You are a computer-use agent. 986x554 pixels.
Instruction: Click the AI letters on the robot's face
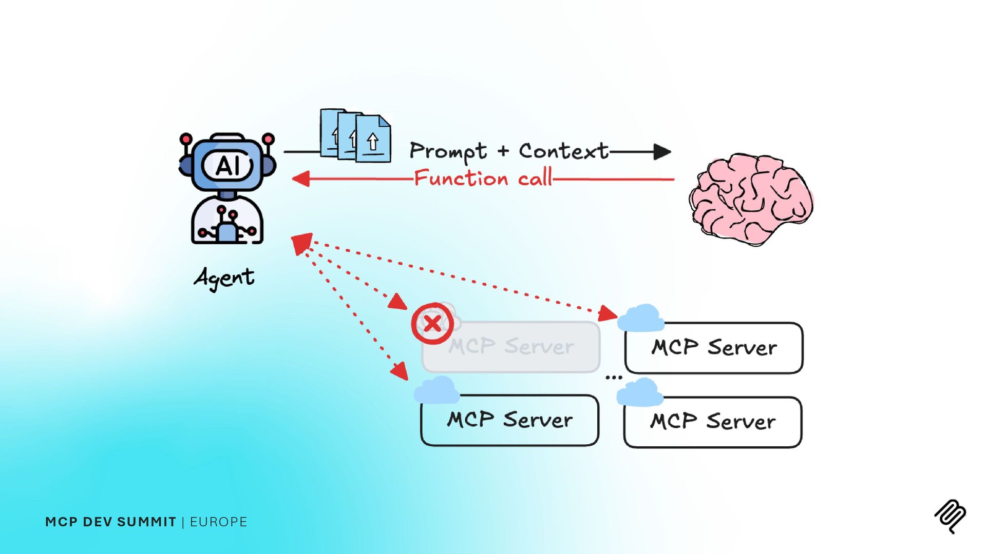coord(227,166)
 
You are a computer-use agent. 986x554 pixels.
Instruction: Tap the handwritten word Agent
coord(224,278)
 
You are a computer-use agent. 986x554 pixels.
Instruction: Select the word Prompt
coord(448,151)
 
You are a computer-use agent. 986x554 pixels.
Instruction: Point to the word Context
coord(563,151)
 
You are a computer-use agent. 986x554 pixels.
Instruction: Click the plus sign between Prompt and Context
coord(503,151)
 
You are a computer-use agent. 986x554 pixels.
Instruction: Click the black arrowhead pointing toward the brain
coord(662,152)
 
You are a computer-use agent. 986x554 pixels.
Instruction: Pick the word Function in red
coord(461,179)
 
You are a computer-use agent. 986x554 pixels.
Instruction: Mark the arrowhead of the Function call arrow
coord(300,179)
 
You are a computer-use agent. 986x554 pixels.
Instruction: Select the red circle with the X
coord(432,324)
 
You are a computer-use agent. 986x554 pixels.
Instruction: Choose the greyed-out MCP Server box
coord(511,347)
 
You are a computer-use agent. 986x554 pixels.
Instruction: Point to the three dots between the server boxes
coord(614,378)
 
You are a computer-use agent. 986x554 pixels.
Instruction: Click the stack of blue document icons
coord(355,136)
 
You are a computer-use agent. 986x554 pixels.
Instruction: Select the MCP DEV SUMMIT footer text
coord(110,522)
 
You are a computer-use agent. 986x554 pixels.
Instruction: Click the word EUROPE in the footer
coord(218,522)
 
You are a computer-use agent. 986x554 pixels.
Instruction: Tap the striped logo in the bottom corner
coord(950,516)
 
